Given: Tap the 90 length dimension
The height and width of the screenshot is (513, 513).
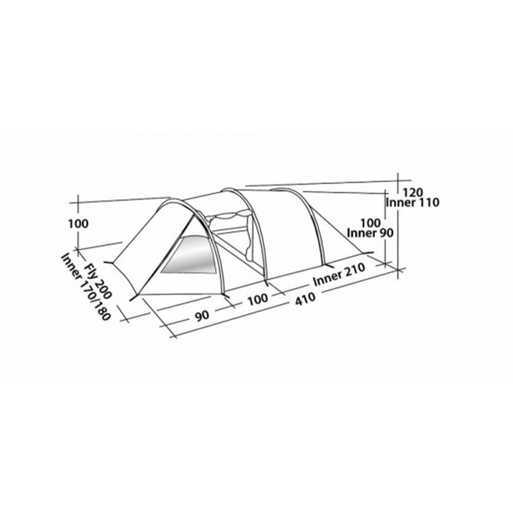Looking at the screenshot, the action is [202, 316].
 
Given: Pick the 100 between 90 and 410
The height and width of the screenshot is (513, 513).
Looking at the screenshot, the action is [258, 299].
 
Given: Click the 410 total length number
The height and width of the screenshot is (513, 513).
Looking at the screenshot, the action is [305, 299].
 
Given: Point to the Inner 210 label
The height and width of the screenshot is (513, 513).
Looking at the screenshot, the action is [339, 275].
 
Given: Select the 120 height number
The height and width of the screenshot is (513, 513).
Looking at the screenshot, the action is [412, 192].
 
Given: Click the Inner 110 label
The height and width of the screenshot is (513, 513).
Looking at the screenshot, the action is [413, 203].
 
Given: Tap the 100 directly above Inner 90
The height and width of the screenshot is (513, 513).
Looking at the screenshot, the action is [370, 223].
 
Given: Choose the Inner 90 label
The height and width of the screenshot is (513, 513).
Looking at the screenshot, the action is [370, 233].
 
